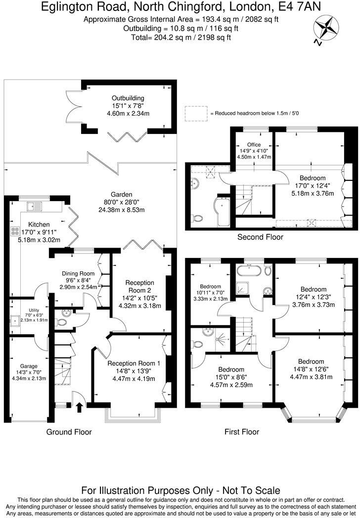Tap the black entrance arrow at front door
pos(80,407)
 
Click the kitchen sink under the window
pos(36,206)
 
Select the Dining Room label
pos(78,273)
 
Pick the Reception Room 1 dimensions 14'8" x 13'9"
pos(131,371)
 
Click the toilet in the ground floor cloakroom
pos(62,322)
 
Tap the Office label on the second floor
pos(254,145)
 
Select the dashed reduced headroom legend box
pos(196,113)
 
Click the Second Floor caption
pos(260,237)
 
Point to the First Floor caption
pos(242,432)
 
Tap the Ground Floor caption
pos(69,432)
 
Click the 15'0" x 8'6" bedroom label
pos(231,378)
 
